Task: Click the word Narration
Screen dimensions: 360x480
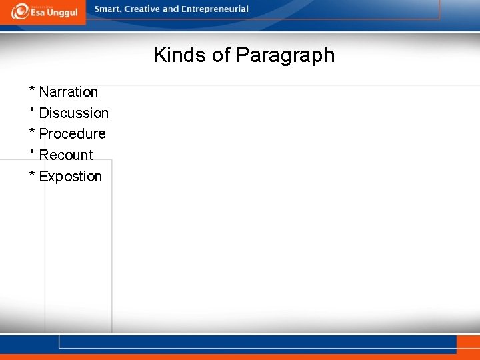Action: pos(68,92)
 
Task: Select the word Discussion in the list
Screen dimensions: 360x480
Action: pos(73,113)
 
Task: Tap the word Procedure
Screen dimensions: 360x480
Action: pos(72,134)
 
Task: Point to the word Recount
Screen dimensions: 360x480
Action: pos(66,155)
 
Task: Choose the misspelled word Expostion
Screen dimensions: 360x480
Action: pos(70,177)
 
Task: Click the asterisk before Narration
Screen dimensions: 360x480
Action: pos(31,90)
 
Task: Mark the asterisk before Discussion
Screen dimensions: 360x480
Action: pos(31,111)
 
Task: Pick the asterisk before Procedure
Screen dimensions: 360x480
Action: pos(31,132)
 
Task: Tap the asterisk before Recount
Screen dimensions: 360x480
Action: pos(31,153)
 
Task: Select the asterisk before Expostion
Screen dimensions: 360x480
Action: pos(31,175)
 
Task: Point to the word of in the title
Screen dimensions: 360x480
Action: pos(221,55)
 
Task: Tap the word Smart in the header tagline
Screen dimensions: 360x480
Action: pos(108,9)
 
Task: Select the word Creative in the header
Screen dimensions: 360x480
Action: pos(143,9)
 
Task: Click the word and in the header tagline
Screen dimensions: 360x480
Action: pos(171,9)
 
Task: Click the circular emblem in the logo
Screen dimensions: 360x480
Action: pos(19,11)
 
